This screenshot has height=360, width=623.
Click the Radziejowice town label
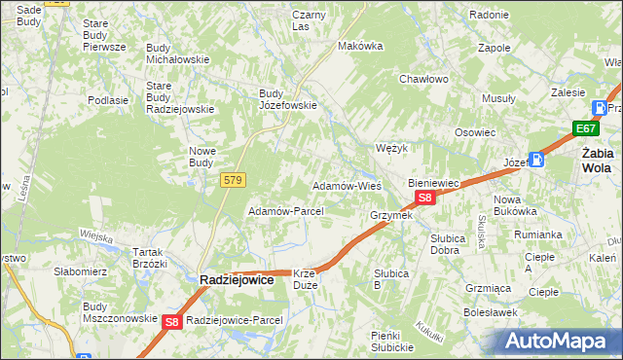pos(237,278)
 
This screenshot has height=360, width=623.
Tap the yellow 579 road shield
pos(232,180)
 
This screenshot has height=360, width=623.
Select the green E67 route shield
pos(585,129)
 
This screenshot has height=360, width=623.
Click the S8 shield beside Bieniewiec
pos(423,198)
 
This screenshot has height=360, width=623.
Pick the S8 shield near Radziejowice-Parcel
pos(172,321)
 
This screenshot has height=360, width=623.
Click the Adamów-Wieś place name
pos(346,185)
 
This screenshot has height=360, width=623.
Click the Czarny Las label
pos(309,20)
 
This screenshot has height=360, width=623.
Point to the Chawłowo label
pos(422,80)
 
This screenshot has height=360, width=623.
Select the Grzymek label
pos(391,215)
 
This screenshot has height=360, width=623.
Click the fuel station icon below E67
pos(536,161)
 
